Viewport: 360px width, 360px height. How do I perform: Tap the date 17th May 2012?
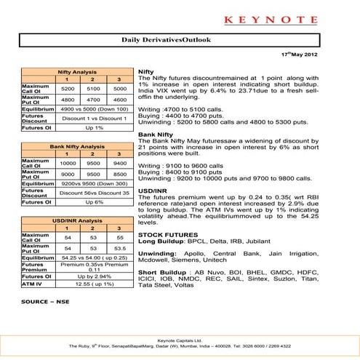click(x=321, y=55)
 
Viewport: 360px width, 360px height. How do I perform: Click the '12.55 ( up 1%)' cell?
click(x=87, y=284)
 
